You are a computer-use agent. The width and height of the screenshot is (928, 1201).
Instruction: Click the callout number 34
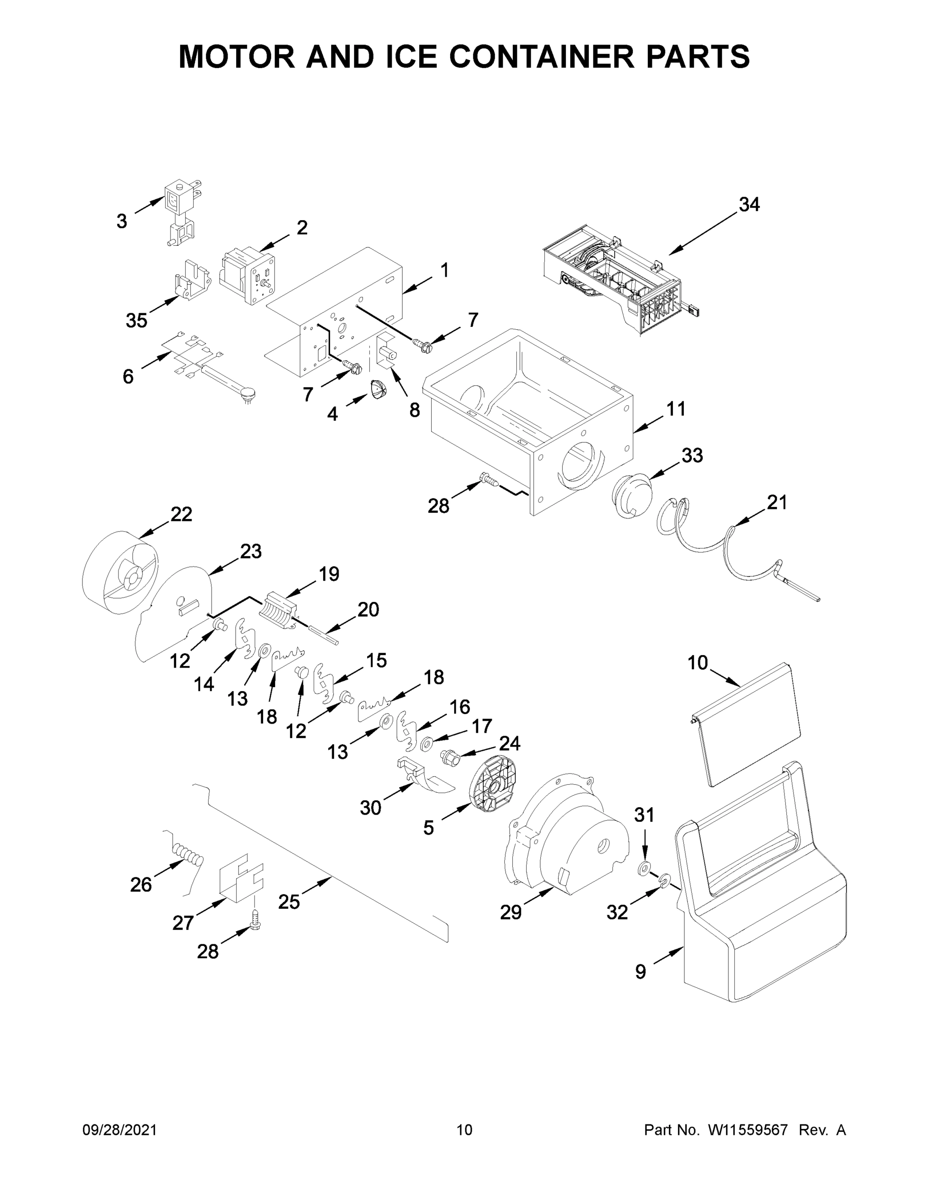pos(749,205)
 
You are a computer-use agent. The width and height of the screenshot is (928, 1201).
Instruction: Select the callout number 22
pos(181,514)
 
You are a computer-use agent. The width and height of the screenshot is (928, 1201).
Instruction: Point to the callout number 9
pos(640,972)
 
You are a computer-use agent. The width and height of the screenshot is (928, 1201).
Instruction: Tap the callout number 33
pos(692,455)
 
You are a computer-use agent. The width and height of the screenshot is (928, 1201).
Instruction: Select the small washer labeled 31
pos(643,869)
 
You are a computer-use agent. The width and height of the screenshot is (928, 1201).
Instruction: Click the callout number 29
pos(510,913)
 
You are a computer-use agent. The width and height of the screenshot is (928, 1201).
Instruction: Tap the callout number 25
pos(289,902)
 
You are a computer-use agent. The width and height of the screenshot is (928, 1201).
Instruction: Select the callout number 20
pos(368,610)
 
